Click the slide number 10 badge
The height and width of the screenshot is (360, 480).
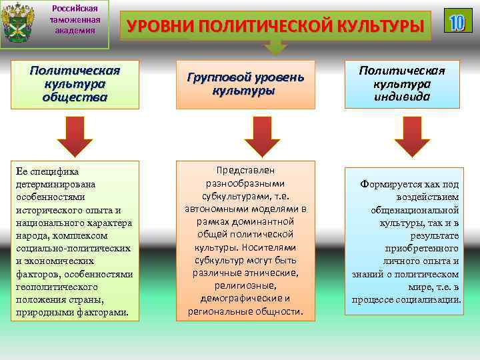click(x=457, y=23)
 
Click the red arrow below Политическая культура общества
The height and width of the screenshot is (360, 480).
click(x=74, y=137)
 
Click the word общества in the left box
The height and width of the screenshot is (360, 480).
click(x=75, y=97)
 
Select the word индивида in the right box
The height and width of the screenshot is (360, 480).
click(x=402, y=96)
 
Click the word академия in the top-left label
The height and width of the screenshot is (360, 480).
click(x=74, y=31)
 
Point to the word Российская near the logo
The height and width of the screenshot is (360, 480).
click(x=74, y=8)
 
